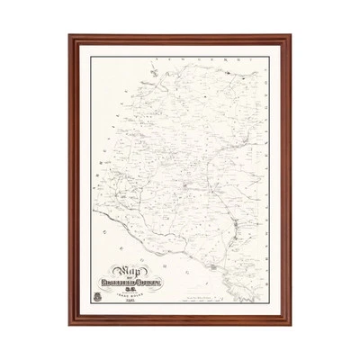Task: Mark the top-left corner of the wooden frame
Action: [69, 37]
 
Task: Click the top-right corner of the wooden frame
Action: [292, 37]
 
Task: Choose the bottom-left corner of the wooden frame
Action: [69, 327]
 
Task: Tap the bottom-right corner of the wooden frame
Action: [292, 327]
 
